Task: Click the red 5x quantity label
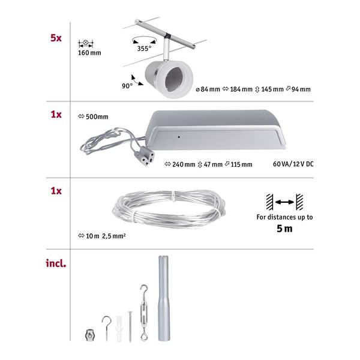(56, 38)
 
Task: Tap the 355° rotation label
(144, 49)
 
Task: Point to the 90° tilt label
(127, 86)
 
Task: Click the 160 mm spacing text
(89, 53)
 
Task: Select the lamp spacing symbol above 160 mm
(86, 43)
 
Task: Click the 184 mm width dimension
(238, 89)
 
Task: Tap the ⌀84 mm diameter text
(208, 89)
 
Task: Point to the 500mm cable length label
(93, 116)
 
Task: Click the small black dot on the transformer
(179, 137)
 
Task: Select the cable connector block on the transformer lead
(146, 156)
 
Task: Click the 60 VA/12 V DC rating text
(293, 164)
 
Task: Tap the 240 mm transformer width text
(180, 164)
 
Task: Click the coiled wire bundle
(169, 209)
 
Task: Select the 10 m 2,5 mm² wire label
(102, 236)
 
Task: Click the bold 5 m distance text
(284, 229)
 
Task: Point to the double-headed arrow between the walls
(284, 202)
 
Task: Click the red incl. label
(56, 263)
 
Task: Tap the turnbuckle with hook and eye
(144, 313)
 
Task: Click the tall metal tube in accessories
(164, 298)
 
